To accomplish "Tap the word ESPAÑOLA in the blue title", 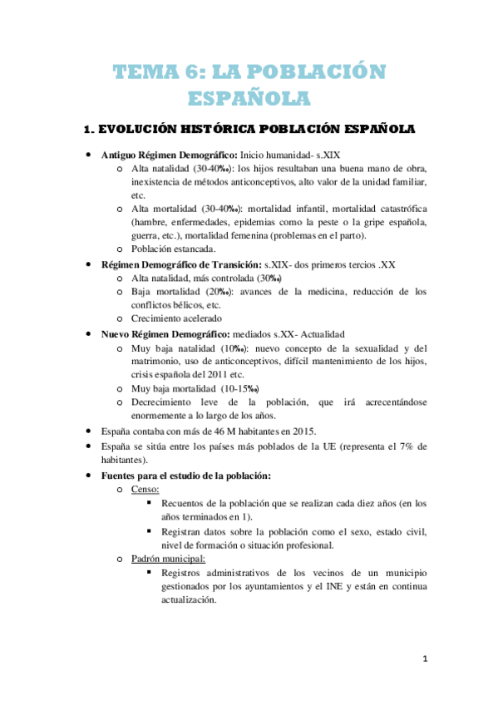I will tap(249, 99).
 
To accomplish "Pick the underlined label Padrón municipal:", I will tap(168, 559).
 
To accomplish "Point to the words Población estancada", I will tap(173, 249).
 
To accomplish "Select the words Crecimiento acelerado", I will tap(175, 318).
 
